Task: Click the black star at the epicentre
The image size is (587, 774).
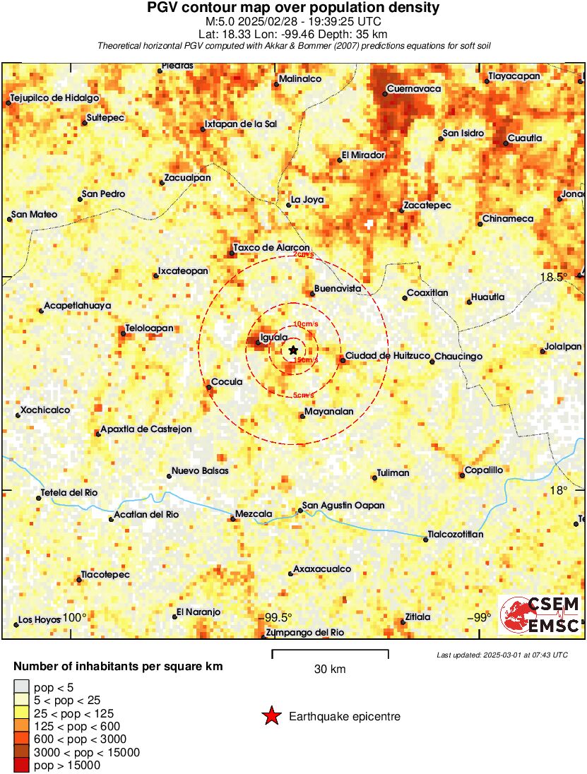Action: click(x=293, y=350)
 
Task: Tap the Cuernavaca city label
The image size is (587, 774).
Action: click(x=416, y=89)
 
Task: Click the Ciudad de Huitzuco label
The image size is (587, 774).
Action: click(x=388, y=356)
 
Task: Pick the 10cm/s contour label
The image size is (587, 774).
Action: click(x=305, y=324)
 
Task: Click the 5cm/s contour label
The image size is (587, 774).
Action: click(x=304, y=395)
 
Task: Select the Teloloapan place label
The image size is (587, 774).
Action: click(x=149, y=328)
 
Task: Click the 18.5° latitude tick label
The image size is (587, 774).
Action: click(x=555, y=277)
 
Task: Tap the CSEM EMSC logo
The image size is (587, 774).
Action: click(x=540, y=614)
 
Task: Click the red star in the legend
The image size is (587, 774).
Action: click(x=271, y=716)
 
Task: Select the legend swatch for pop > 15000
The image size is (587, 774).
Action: click(x=21, y=765)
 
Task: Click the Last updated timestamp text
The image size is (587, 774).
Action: click(x=502, y=655)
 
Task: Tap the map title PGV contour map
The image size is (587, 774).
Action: click(x=293, y=8)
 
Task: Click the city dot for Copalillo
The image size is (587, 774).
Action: click(x=462, y=475)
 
